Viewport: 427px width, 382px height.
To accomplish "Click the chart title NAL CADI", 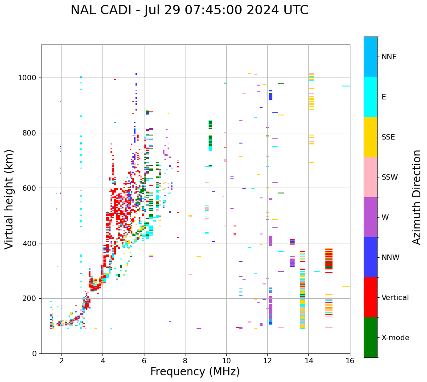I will pyautogui.click(x=189, y=10).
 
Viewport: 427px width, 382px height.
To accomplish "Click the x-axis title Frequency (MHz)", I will pyautogui.click(x=195, y=372).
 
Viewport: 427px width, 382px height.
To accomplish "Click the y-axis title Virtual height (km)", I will pyautogui.click(x=9, y=199).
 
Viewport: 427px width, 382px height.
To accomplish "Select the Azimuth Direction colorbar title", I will pyautogui.click(x=417, y=197).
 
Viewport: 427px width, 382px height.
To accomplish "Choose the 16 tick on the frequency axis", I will pyautogui.click(x=350, y=360).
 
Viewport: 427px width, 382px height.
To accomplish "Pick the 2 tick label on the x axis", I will pyautogui.click(x=62, y=360).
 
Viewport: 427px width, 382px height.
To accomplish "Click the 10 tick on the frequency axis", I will pyautogui.click(x=226, y=360).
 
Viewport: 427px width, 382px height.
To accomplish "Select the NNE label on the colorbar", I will pyautogui.click(x=389, y=57).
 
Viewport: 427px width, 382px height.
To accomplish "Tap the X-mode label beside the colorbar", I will pyautogui.click(x=395, y=338).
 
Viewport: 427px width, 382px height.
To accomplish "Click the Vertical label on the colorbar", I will pyautogui.click(x=395, y=298).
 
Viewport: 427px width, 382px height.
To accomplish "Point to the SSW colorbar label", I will pyautogui.click(x=390, y=177).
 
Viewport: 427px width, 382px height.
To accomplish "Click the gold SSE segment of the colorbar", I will pyautogui.click(x=370, y=137).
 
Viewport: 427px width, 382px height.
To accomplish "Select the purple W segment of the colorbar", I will pyautogui.click(x=370, y=217).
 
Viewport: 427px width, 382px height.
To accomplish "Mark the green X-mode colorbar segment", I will pyautogui.click(x=370, y=337).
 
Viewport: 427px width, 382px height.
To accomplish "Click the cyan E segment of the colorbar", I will pyautogui.click(x=370, y=97).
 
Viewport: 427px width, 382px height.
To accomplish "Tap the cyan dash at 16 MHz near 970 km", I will pyautogui.click(x=346, y=86).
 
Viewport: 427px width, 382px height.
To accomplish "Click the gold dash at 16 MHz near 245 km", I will pyautogui.click(x=346, y=286).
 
